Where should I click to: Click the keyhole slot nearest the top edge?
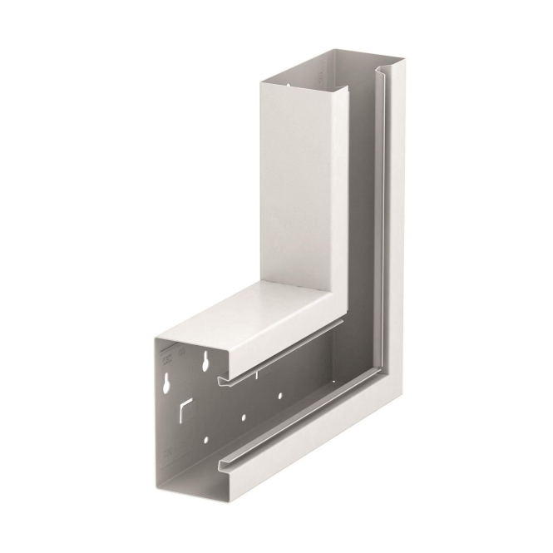[x=204, y=362]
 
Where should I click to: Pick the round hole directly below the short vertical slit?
[x=280, y=397]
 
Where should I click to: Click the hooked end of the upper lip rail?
[x=222, y=382]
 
